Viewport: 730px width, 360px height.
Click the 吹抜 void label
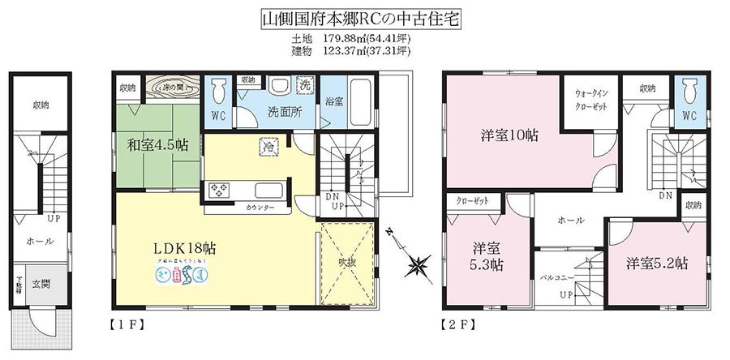tap(348, 263)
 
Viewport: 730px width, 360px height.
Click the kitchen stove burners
tap(220, 191)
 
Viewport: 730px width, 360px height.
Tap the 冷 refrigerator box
tap(267, 147)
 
